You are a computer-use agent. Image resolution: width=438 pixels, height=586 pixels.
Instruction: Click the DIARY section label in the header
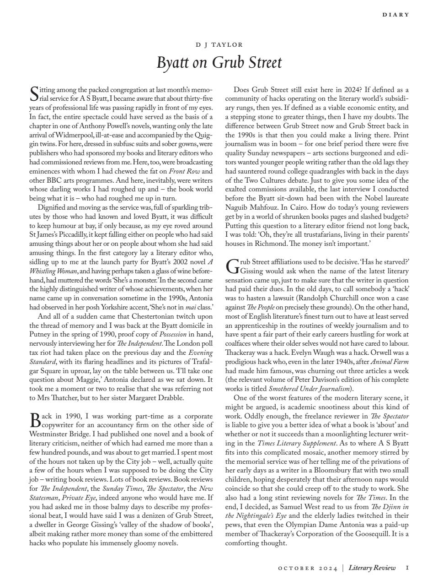point(396,15)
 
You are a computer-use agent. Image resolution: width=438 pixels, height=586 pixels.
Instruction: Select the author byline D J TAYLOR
point(219,45)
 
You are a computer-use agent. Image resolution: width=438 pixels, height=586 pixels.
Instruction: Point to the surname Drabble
point(168,397)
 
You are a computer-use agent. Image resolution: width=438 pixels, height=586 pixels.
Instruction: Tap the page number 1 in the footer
point(407,568)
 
